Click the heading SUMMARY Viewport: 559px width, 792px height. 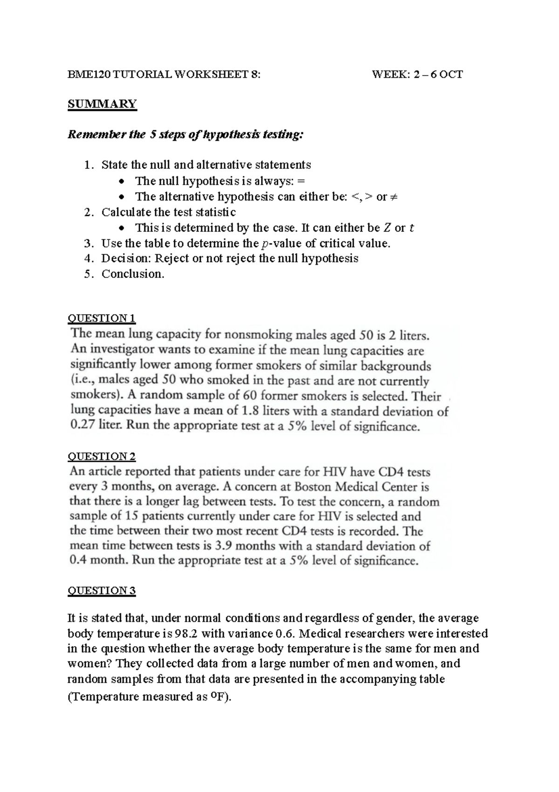click(x=102, y=104)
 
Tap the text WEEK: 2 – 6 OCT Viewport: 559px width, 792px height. click(x=417, y=74)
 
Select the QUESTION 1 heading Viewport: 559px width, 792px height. click(x=102, y=319)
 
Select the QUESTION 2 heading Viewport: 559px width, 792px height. click(x=102, y=456)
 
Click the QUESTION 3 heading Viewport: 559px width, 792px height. click(x=102, y=591)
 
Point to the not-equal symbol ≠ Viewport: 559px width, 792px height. click(x=394, y=197)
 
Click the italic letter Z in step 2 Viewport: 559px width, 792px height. click(x=387, y=228)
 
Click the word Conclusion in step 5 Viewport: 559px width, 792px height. click(x=132, y=274)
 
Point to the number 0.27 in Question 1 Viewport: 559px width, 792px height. click(x=82, y=426)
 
